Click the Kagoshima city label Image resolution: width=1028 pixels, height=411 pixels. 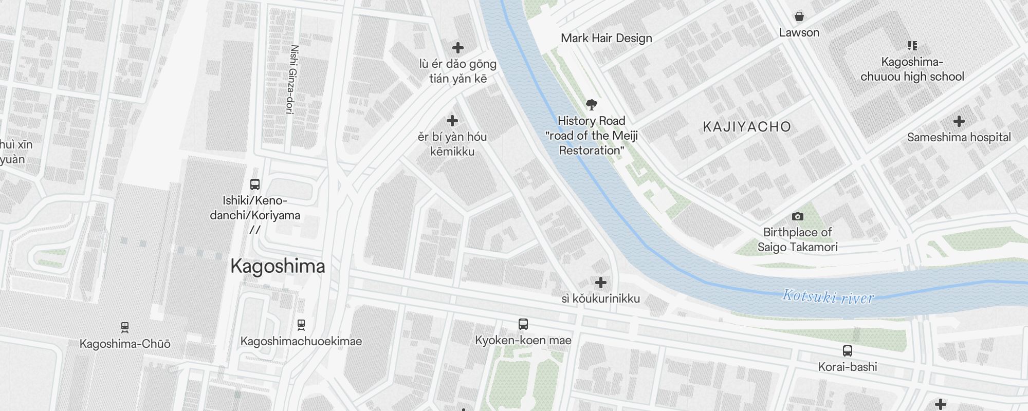coord(278,266)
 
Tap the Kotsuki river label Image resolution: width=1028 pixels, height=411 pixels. coord(828,296)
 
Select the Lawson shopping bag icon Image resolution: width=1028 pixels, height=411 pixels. coord(799,17)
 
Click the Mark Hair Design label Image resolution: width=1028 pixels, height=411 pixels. coord(606,38)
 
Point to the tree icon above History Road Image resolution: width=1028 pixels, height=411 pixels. coord(592,105)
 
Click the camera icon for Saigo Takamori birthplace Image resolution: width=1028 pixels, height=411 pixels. coord(797,217)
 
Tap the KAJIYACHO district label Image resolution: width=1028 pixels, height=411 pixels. coord(746,127)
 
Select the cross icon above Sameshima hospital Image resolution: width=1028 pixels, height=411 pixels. coord(959,121)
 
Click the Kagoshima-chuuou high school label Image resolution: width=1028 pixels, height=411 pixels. coord(912,69)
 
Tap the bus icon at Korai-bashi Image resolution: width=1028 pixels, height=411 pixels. coord(848,351)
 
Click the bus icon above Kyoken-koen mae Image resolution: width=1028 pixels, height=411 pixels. coord(523,324)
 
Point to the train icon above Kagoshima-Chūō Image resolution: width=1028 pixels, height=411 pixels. coord(124,327)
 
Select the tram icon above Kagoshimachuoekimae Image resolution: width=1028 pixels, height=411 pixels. coord(301,325)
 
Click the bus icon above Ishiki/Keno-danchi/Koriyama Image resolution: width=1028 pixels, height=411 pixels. coord(254,184)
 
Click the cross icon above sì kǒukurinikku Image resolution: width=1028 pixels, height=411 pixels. coord(600,283)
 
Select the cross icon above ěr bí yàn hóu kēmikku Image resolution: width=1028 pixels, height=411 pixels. coord(452,121)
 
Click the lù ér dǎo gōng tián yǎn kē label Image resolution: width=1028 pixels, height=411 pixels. coord(457,71)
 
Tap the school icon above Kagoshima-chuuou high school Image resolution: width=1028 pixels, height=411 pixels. coord(912,46)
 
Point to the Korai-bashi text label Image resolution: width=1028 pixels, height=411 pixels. coord(848,367)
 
